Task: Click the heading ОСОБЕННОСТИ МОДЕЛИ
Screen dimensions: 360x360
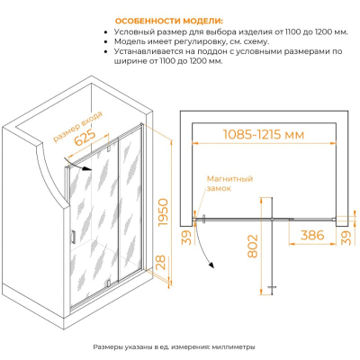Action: pos(169,22)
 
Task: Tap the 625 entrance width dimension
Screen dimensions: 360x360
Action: pos(85,138)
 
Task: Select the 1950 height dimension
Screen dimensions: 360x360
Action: pos(164,212)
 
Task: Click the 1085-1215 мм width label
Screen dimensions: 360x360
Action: pos(264,135)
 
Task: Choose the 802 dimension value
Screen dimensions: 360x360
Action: pos(253,247)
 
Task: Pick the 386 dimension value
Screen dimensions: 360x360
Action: pos(312,235)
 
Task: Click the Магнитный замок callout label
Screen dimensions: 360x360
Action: pos(229,184)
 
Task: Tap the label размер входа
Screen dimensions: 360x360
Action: pos(77,126)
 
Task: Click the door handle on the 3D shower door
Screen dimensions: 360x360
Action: pos(73,236)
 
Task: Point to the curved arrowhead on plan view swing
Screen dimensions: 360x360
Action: pos(211,265)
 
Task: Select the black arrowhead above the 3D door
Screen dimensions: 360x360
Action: pos(87,168)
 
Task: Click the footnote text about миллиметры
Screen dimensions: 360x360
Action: pos(174,347)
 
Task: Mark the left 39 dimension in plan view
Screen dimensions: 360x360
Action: pos(186,238)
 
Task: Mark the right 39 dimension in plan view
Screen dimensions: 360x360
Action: pos(346,238)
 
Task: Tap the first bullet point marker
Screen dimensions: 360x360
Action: pos(105,32)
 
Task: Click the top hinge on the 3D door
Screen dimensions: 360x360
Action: pos(109,148)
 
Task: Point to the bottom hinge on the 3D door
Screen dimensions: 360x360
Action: pos(109,283)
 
